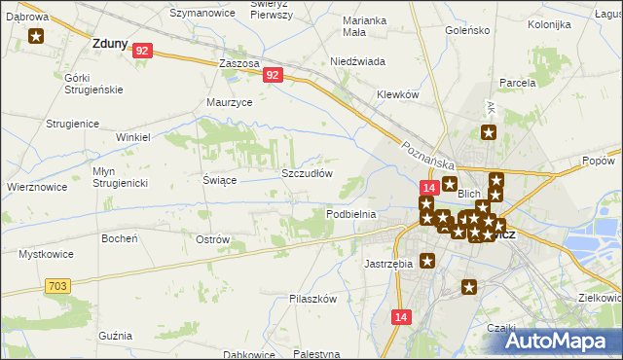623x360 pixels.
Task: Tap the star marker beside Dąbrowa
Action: point(36,37)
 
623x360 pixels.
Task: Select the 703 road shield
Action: point(56,284)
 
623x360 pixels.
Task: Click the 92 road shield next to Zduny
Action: point(142,51)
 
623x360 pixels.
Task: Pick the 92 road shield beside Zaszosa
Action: point(272,74)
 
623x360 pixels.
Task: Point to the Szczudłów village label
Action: point(307,173)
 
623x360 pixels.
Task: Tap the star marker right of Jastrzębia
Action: point(426,261)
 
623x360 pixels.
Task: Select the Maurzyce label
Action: point(230,101)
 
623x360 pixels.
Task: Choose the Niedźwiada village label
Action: point(357,61)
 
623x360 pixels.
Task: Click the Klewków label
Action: point(397,94)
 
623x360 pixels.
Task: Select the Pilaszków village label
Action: point(312,299)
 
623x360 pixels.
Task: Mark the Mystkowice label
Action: point(44,254)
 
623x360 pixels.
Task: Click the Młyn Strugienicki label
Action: point(119,176)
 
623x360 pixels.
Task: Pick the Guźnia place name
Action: point(115,335)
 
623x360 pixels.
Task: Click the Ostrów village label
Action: point(212,239)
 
